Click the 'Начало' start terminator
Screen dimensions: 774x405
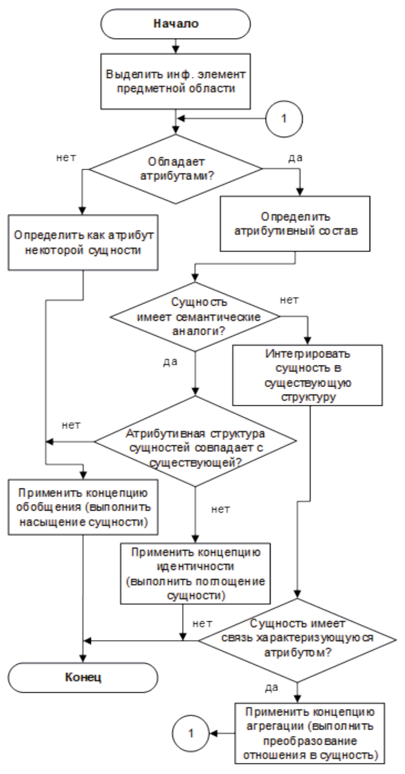[x=175, y=24]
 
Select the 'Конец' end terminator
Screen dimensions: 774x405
[x=83, y=677]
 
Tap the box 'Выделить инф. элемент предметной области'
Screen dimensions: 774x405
[x=175, y=81]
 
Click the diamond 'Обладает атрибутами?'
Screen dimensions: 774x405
[x=176, y=169]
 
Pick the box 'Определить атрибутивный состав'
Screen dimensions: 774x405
[x=295, y=224]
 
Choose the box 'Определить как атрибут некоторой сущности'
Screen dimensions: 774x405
[x=83, y=242]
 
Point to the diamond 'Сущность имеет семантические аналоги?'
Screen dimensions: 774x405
[x=195, y=316]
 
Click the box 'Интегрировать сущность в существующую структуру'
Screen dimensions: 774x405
[x=307, y=375]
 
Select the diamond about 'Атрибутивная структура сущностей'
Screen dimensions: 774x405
[x=195, y=441]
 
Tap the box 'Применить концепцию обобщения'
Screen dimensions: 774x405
[x=83, y=507]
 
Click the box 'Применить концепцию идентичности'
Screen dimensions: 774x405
[x=195, y=574]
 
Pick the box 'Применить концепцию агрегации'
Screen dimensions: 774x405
[x=310, y=733]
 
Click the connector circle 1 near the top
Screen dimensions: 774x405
[x=284, y=119]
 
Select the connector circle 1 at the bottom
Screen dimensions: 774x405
[x=191, y=733]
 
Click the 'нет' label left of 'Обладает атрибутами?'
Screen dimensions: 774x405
[x=66, y=158]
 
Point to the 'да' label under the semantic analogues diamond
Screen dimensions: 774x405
[x=170, y=362]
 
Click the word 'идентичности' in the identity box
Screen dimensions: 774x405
[x=195, y=566]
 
